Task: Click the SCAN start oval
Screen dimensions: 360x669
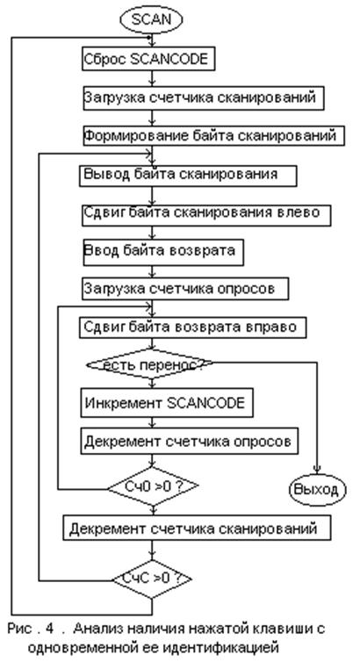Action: [x=151, y=19]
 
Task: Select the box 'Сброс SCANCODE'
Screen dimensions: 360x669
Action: [x=148, y=59]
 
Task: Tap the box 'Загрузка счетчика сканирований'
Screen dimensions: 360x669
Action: [x=203, y=97]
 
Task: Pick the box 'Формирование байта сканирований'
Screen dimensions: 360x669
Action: [x=213, y=136]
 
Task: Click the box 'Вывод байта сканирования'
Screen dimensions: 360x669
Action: [x=188, y=175]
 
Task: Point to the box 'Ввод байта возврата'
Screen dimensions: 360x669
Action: [x=163, y=252]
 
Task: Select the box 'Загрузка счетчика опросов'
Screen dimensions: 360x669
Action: [x=185, y=289]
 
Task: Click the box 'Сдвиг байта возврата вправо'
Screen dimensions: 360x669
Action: [x=192, y=327]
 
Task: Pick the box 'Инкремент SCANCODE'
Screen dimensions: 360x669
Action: [x=167, y=402]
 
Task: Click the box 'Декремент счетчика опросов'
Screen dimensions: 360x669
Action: [x=190, y=441]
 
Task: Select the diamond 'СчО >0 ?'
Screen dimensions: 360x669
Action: [x=153, y=486]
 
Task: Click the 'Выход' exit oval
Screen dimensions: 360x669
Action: [x=318, y=490]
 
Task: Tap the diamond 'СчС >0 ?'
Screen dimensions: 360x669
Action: [x=152, y=579]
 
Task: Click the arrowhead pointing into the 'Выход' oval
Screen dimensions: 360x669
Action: [x=317, y=469]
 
